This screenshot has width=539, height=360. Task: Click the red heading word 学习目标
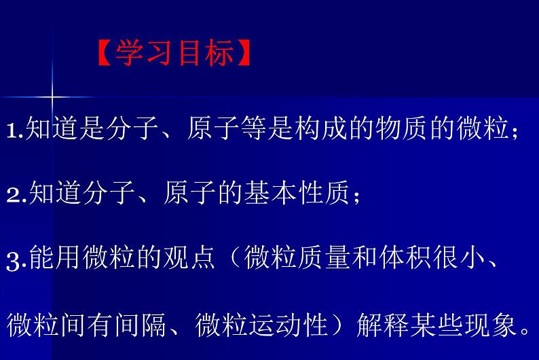(x=175, y=53)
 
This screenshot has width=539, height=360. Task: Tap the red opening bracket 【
(x=104, y=53)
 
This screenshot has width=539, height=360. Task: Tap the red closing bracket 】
(x=244, y=53)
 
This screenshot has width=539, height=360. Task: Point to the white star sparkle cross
(x=52, y=96)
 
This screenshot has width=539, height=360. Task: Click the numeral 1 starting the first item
(x=13, y=130)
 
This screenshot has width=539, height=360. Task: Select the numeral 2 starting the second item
(x=14, y=196)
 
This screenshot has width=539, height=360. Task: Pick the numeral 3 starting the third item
(x=14, y=262)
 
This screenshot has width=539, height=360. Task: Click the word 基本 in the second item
(x=271, y=192)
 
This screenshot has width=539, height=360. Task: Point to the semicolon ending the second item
(x=356, y=196)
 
